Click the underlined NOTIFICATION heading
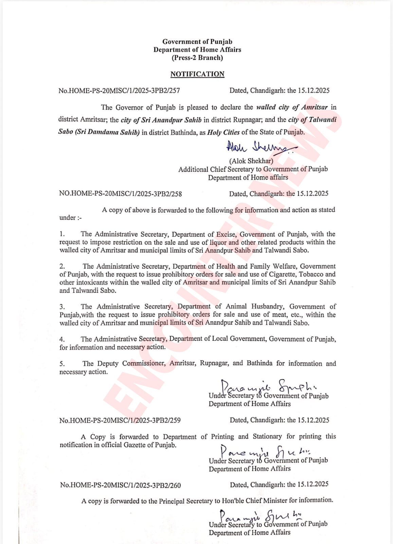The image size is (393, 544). point(197,74)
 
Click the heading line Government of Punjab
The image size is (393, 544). point(197,41)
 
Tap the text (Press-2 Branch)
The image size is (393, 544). point(197,57)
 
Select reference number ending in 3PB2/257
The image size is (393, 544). point(119,90)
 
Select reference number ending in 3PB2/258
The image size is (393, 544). point(120,194)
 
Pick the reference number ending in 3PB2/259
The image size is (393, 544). point(120,420)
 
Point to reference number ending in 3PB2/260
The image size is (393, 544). point(120,485)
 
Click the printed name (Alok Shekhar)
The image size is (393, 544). point(251,161)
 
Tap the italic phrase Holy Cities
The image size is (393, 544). point(223,132)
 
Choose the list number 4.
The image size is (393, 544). point(62,339)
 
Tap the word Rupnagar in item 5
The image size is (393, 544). point(214,363)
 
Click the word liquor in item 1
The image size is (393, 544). point(218,242)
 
